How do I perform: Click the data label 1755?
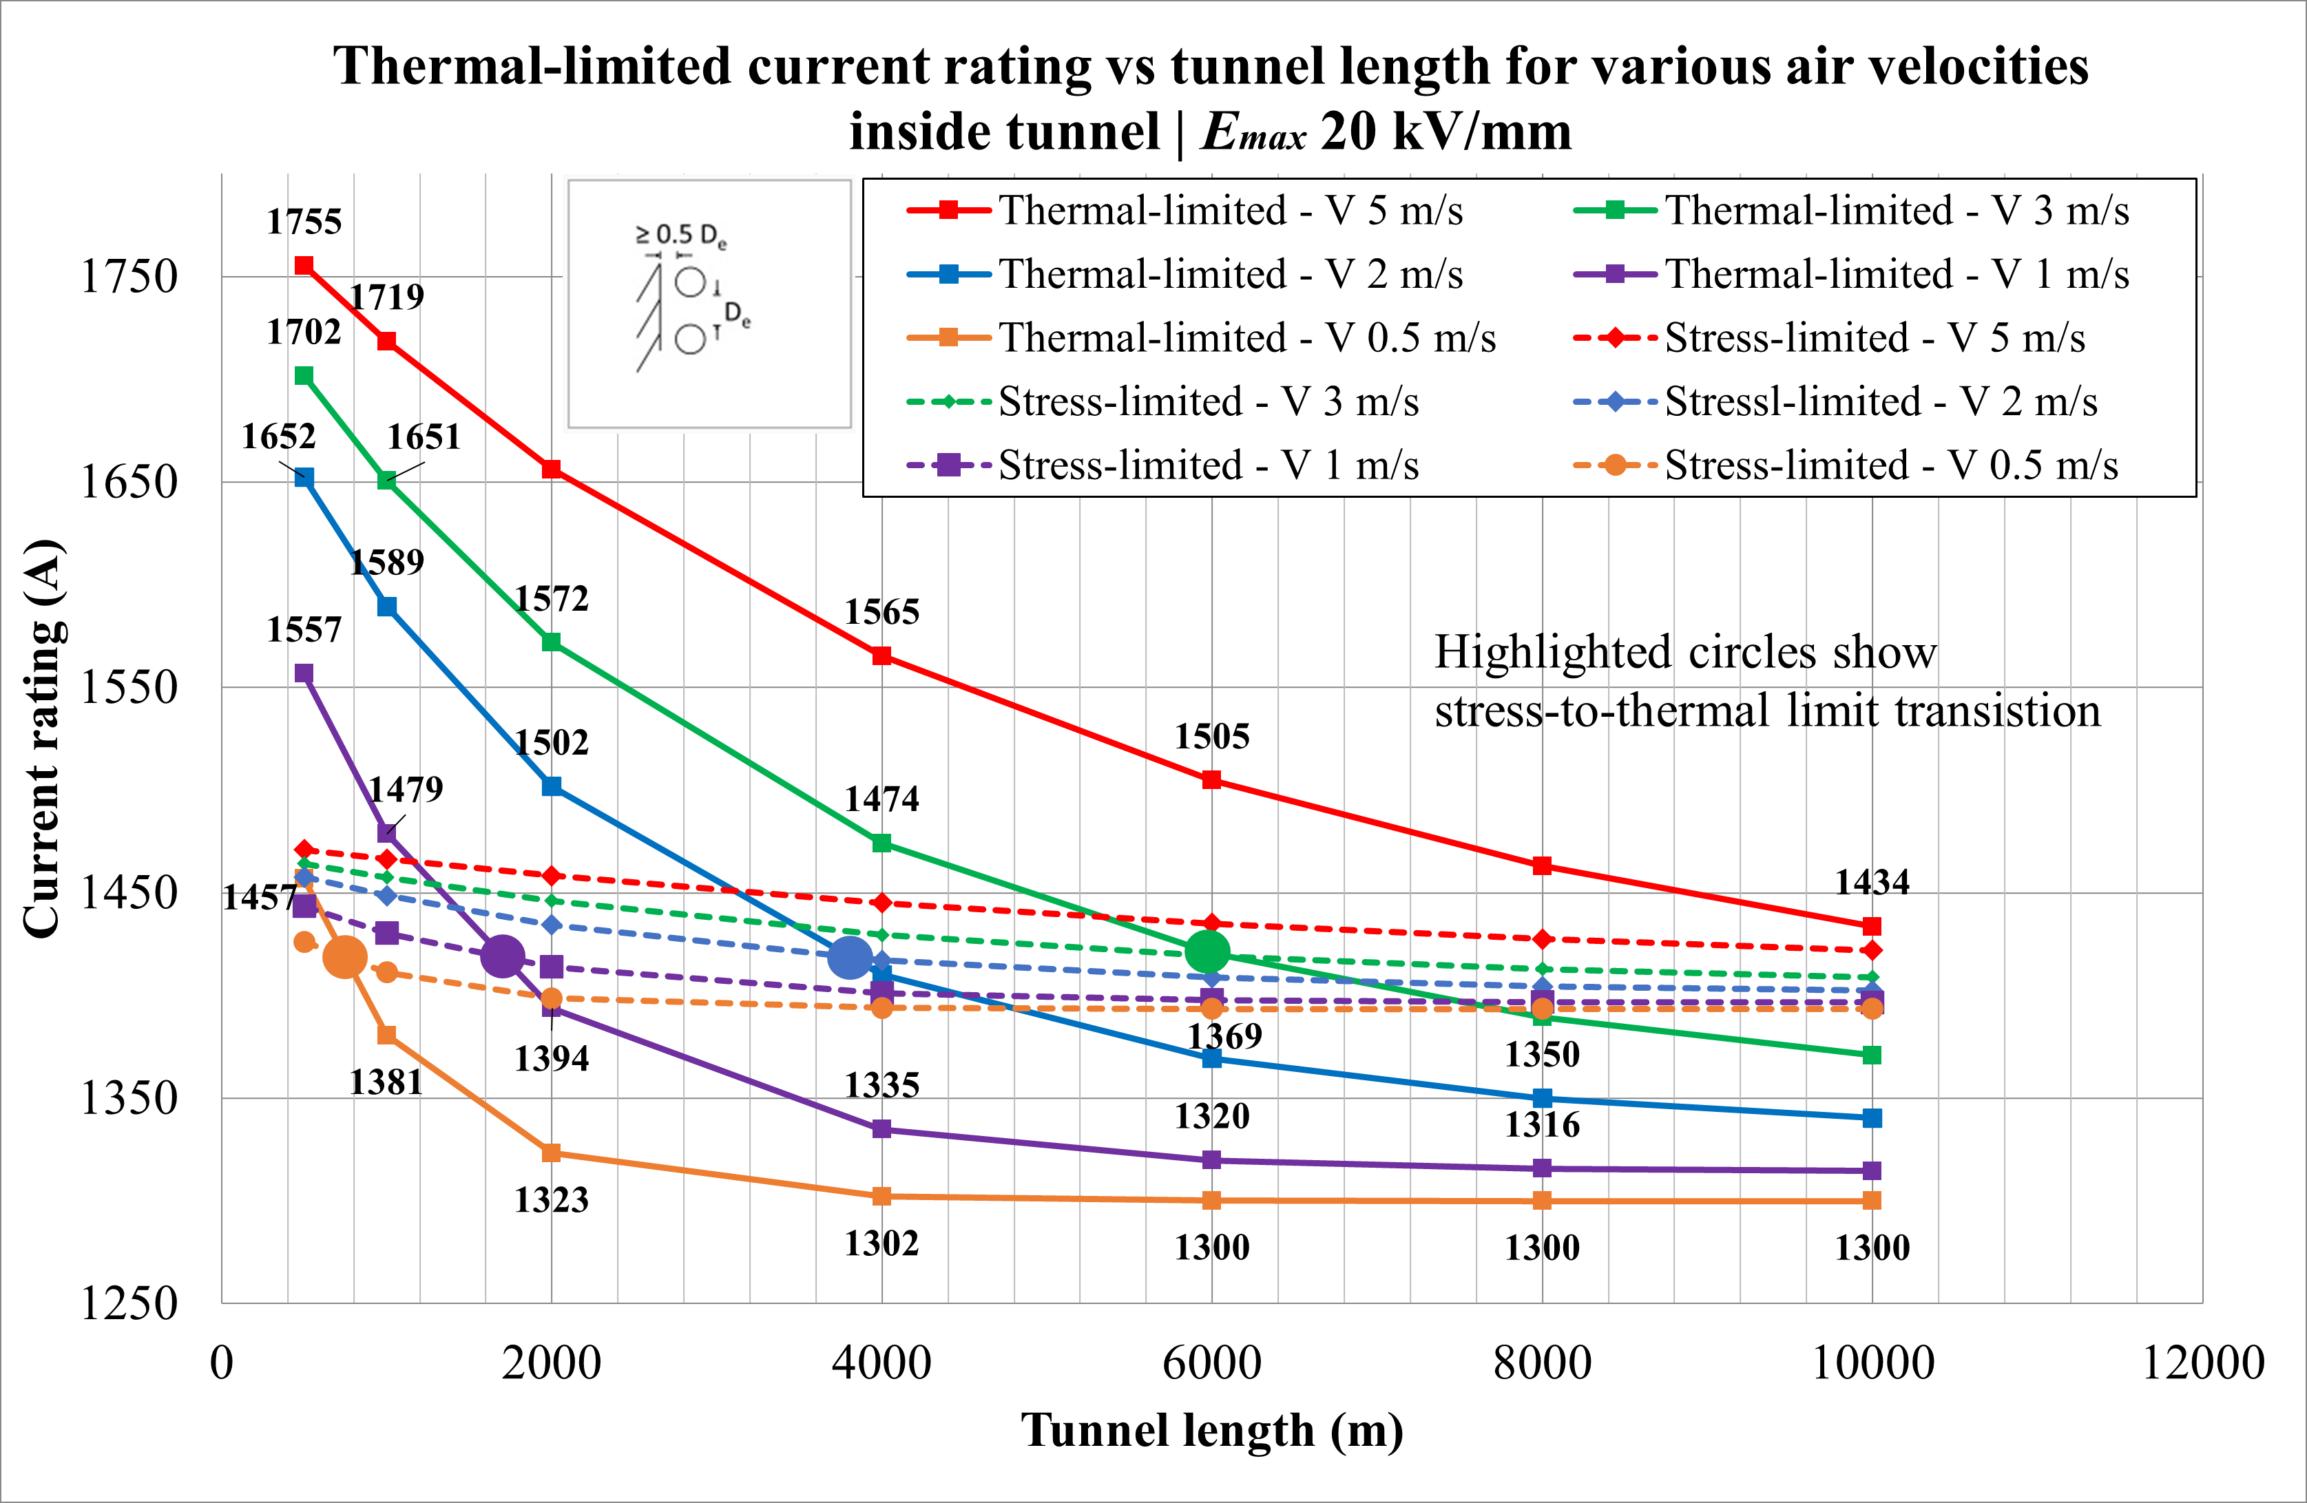pos(304,222)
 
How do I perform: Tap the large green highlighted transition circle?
pos(1207,952)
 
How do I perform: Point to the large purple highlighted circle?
pos(502,956)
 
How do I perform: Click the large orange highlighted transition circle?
pos(344,956)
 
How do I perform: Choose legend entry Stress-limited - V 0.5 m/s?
pos(1890,465)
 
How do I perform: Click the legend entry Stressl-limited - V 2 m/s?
pos(1881,401)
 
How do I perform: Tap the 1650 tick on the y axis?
pos(129,482)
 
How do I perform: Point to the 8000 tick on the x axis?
pos(1541,1363)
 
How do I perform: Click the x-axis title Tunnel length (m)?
pos(1211,1430)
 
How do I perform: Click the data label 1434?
pos(1872,882)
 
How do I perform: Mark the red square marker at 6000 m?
pos(1211,780)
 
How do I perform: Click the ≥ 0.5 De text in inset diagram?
pos(680,235)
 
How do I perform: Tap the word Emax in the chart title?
pos(1253,133)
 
